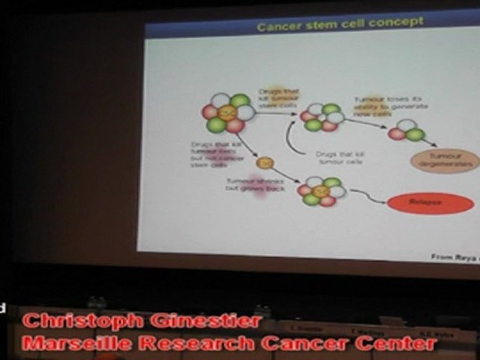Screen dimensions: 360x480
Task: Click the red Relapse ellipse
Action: coord(430,203)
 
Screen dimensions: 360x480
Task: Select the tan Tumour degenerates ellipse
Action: coord(444,161)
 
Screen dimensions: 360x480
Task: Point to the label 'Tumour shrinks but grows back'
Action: coord(255,185)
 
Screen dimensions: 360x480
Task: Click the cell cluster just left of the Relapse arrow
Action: coord(322,191)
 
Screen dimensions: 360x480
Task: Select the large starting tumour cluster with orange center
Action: coord(228,113)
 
